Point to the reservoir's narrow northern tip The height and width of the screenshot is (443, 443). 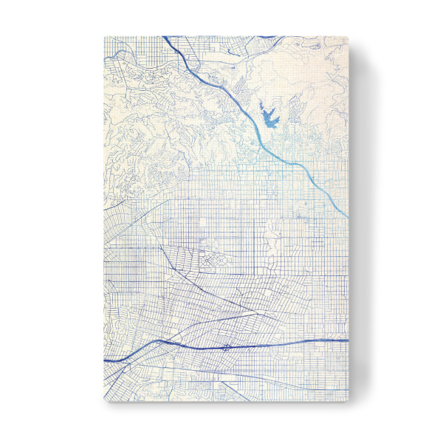tap(264, 101)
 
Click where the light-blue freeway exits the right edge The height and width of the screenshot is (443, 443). tap(346, 215)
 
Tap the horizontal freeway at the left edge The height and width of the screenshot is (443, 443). tap(106, 360)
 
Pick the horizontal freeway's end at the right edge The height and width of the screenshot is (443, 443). tap(346, 340)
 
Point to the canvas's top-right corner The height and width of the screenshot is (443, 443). tap(348, 35)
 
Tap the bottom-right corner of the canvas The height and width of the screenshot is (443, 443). tap(348, 402)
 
